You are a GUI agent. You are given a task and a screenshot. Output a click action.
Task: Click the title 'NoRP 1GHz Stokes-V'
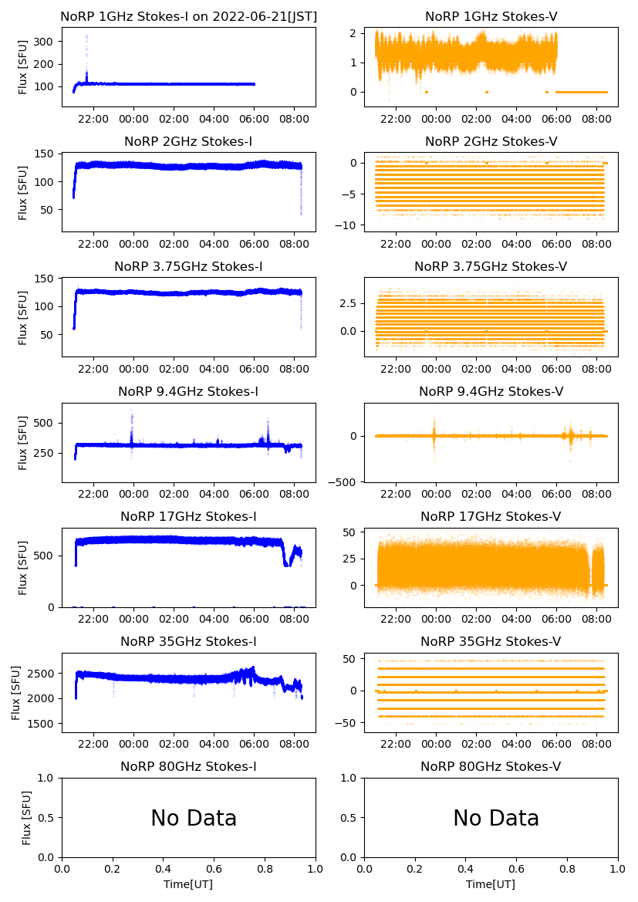pos(491,17)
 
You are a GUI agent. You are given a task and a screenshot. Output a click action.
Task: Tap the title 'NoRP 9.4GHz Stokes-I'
pos(188,392)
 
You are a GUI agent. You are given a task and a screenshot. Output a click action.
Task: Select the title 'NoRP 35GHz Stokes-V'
pos(491,642)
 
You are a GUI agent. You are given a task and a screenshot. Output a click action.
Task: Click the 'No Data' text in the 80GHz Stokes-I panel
pos(194,818)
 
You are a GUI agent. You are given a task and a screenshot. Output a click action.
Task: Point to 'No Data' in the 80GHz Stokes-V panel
pos(496,818)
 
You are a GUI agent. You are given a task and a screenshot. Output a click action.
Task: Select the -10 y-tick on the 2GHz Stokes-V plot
pos(348,225)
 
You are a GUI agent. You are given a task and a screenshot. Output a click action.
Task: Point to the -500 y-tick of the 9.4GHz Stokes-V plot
pos(345,482)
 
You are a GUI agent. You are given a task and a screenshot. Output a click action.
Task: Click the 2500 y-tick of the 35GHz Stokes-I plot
pos(43,674)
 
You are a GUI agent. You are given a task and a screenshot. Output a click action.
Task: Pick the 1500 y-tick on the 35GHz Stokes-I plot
pos(43,724)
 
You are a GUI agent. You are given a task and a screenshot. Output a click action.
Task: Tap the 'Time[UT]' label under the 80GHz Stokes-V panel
pos(491,884)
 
